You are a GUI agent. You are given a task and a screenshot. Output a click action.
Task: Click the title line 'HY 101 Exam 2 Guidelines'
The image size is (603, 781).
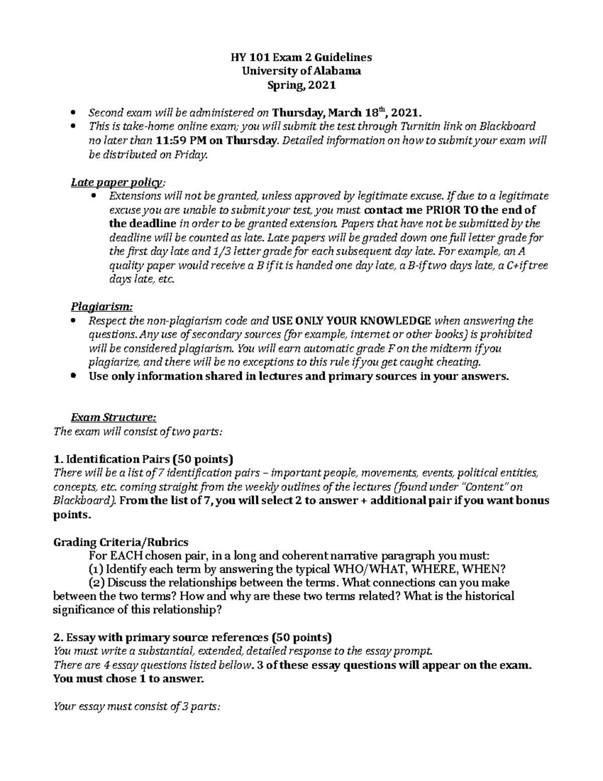point(301,57)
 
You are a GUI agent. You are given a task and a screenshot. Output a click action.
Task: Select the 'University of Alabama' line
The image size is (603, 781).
point(301,71)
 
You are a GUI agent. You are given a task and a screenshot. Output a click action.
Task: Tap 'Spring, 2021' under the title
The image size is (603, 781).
point(301,85)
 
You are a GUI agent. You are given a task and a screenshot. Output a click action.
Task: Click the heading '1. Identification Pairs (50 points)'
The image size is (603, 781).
point(143,459)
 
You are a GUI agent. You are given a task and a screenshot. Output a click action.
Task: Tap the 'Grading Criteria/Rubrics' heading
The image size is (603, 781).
point(121,542)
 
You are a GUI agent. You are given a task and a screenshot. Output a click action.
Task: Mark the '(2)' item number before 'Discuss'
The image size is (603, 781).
point(96,583)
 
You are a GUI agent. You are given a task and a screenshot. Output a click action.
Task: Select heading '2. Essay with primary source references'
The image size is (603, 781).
point(192,638)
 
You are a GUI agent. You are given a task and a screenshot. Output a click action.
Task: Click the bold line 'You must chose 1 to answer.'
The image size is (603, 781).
point(129,679)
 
